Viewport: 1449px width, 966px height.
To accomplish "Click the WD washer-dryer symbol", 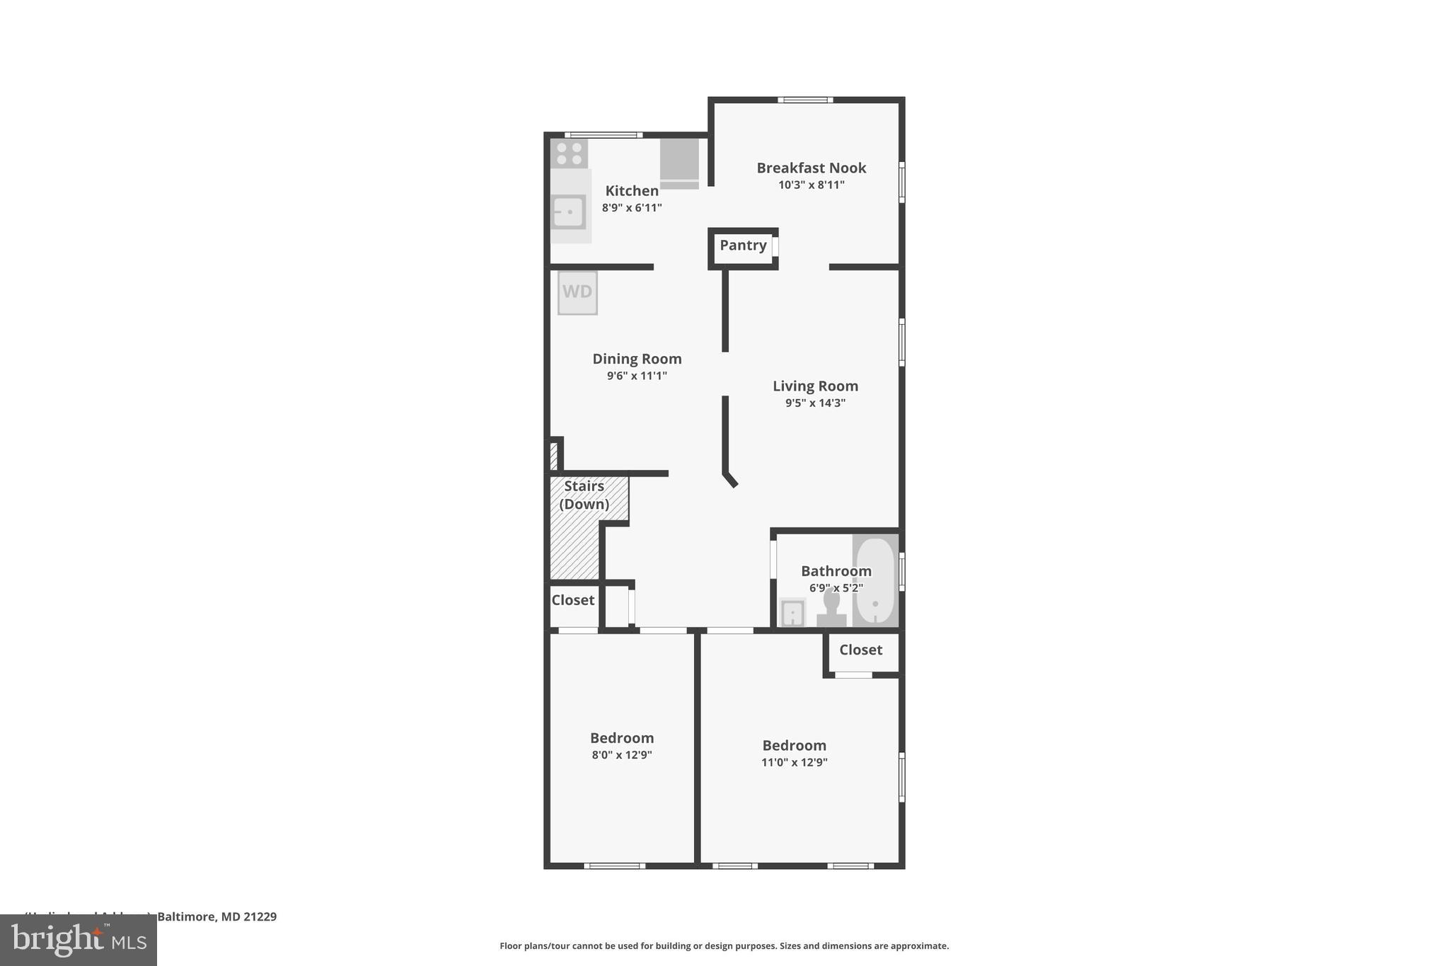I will click(x=577, y=292).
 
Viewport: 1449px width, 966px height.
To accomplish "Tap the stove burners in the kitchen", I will click(x=569, y=154).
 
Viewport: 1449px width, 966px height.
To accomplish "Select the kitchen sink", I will click(x=568, y=212).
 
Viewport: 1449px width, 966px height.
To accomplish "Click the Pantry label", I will click(x=743, y=246).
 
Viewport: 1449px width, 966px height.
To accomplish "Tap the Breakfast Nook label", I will click(x=811, y=168).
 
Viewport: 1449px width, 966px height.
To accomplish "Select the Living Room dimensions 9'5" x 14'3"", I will click(x=815, y=403).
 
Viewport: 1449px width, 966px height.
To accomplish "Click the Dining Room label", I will click(x=637, y=359).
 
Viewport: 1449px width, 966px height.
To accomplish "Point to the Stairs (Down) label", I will click(x=584, y=495).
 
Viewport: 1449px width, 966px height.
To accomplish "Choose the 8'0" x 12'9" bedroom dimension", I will click(x=622, y=755).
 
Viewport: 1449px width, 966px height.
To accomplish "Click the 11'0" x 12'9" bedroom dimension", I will click(x=794, y=762).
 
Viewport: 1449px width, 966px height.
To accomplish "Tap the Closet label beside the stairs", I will click(x=572, y=600).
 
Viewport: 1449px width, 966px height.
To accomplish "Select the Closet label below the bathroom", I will click(x=860, y=650).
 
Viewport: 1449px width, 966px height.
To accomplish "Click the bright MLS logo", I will click(x=79, y=940).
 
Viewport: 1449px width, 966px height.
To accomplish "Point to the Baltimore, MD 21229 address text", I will click(x=217, y=916).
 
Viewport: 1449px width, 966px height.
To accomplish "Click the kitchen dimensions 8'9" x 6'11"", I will click(x=632, y=208).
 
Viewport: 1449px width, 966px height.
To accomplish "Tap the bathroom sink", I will click(x=792, y=613).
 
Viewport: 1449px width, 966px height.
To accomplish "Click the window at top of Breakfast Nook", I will click(x=805, y=100).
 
